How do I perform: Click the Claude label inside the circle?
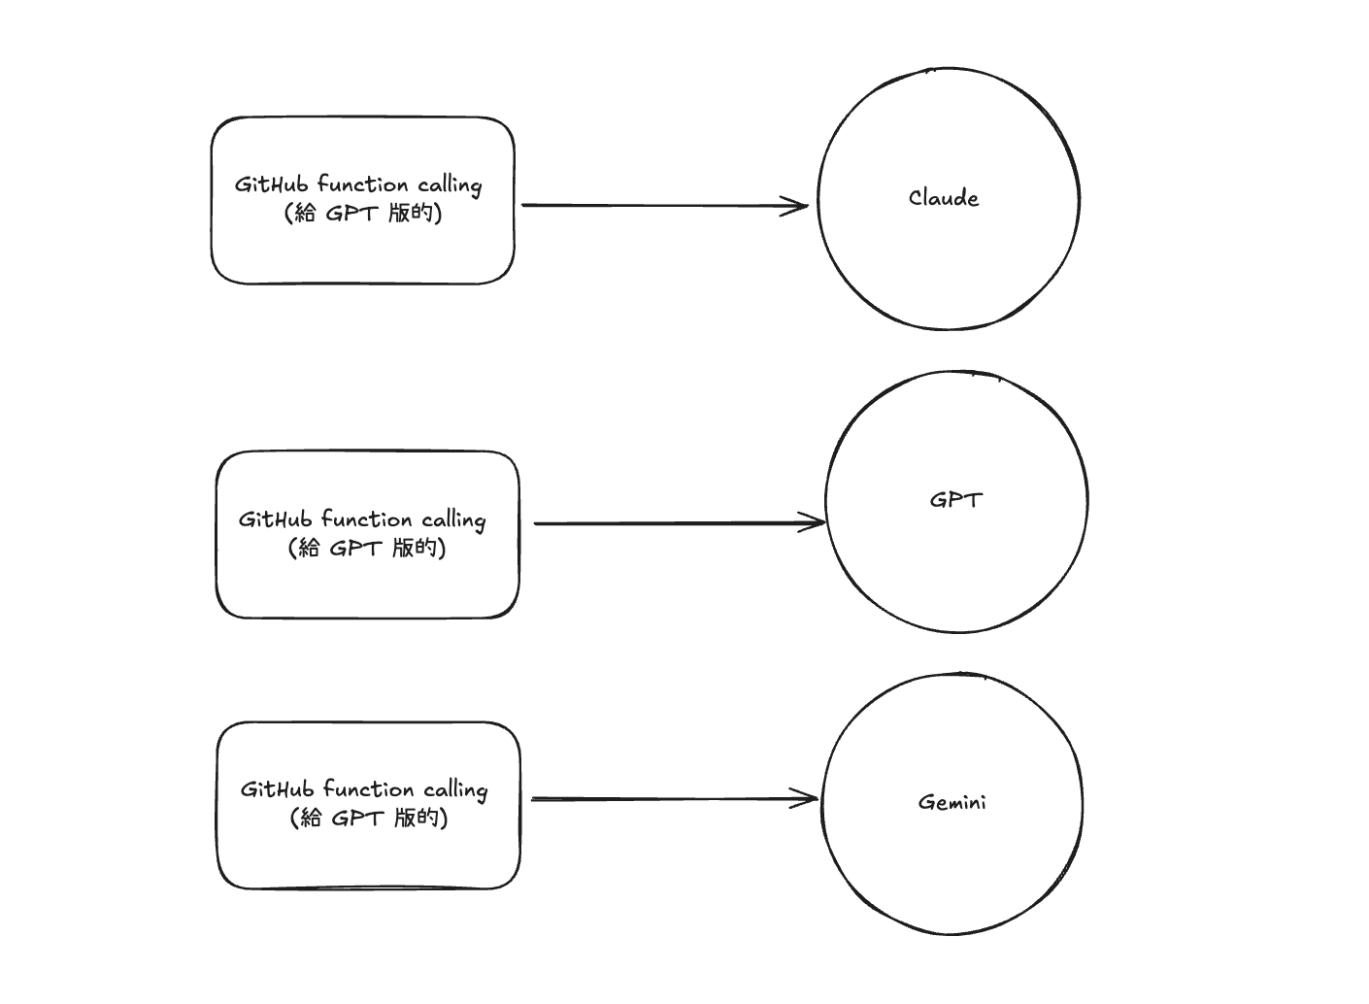click(x=944, y=198)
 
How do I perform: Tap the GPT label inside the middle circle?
click(x=956, y=500)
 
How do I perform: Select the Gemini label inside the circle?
click(x=952, y=802)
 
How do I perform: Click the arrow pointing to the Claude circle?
click(x=660, y=205)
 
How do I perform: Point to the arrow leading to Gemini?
click(x=670, y=799)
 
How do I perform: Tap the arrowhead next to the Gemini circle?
click(x=807, y=799)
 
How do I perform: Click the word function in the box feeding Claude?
click(x=363, y=184)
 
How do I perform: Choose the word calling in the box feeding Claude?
click(x=450, y=185)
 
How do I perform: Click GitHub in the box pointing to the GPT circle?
click(x=277, y=519)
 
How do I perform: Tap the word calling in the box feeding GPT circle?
click(x=453, y=519)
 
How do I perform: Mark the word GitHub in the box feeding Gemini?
click(x=279, y=788)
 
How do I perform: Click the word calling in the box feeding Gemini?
click(x=455, y=789)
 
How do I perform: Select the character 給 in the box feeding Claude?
click(x=305, y=213)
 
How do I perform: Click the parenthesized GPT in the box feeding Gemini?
click(x=356, y=818)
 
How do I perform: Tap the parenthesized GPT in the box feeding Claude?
click(x=351, y=213)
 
